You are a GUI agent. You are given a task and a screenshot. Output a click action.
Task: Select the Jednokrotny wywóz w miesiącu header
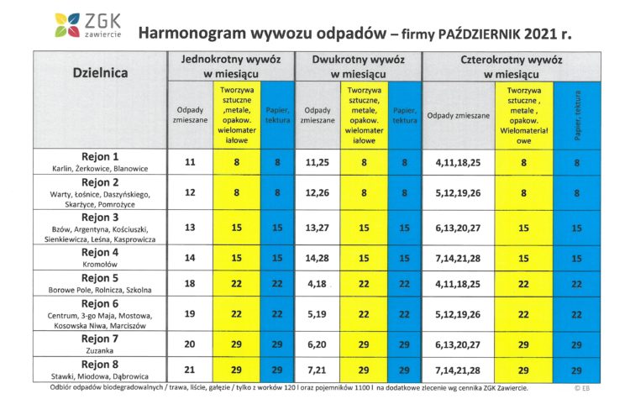[231, 66]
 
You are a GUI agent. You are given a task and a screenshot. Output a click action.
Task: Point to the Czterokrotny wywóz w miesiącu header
[512, 66]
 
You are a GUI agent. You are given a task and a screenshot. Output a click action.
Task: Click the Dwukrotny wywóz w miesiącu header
[358, 66]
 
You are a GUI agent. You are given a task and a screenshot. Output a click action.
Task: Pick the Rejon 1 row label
[100, 161]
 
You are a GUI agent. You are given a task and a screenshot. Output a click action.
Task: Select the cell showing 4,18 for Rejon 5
[318, 285]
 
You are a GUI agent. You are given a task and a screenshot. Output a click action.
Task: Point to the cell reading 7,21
[318, 370]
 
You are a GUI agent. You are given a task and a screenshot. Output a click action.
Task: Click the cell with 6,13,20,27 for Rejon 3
[459, 228]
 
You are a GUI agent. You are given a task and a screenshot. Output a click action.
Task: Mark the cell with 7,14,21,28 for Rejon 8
[459, 370]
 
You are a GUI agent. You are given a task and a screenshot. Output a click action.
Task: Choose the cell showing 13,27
[318, 228]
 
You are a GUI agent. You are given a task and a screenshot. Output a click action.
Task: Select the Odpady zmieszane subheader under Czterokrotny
[459, 115]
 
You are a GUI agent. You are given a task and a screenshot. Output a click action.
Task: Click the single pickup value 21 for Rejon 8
[190, 370]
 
